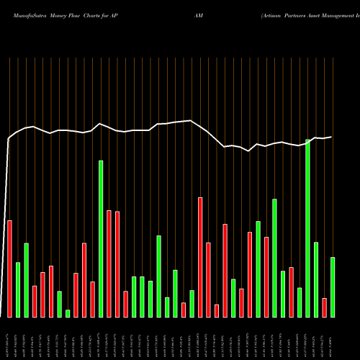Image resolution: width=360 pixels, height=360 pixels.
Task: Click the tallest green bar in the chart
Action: (x=308, y=228)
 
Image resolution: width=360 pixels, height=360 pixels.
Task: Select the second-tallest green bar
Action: (x=101, y=238)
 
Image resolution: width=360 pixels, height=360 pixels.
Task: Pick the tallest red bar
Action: (x=200, y=257)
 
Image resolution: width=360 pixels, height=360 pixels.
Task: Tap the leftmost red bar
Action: (x=9, y=269)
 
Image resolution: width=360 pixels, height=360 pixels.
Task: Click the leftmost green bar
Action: (x=18, y=289)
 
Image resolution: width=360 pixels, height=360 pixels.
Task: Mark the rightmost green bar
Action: (x=333, y=287)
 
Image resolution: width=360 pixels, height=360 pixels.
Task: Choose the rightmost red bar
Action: (x=324, y=307)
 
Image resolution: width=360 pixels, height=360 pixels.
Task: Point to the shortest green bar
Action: (x=68, y=313)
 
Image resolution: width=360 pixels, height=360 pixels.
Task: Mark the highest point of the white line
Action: (x=191, y=121)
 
